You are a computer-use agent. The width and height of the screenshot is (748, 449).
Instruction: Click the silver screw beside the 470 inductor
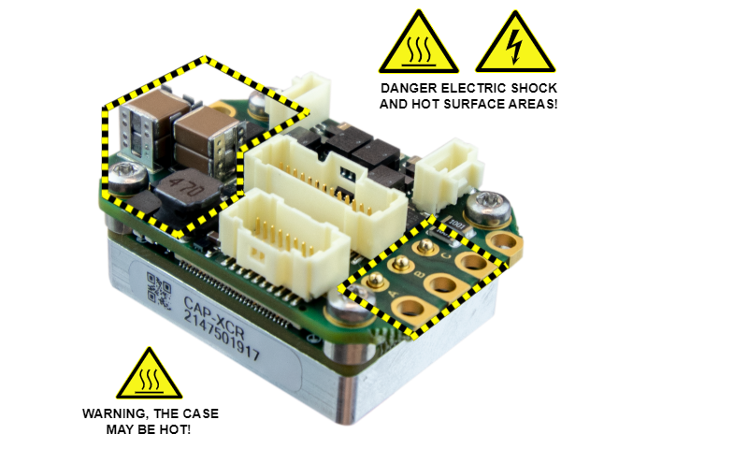[127, 174]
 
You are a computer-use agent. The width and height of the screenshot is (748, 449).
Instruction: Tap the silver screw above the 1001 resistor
[486, 208]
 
